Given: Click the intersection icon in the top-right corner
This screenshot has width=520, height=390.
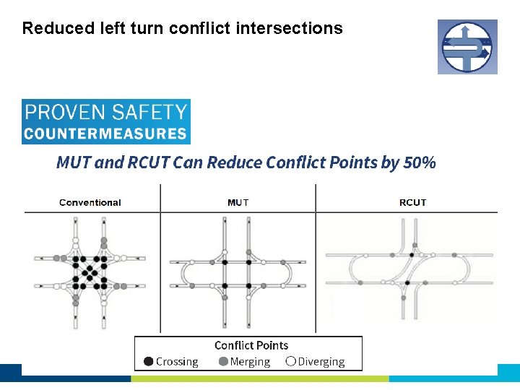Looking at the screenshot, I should [467, 47].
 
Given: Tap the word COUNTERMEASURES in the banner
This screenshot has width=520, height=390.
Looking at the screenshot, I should [105, 134].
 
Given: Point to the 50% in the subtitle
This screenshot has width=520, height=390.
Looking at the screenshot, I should [420, 162].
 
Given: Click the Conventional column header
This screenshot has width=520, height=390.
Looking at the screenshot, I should [90, 202].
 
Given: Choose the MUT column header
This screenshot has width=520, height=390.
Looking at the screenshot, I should [238, 202].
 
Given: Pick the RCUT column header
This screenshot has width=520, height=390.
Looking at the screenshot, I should [412, 202].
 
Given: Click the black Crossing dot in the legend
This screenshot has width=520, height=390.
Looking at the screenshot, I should [148, 361].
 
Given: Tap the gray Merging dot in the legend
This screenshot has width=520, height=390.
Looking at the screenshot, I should [223, 361].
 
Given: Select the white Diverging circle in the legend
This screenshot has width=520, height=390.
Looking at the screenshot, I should [290, 361].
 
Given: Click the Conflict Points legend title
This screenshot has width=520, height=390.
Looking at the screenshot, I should [251, 346].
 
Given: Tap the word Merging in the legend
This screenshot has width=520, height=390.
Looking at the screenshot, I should [250, 362].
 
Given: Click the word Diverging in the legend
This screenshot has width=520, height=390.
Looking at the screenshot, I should [321, 362].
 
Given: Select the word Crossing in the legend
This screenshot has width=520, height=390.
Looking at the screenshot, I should [177, 362].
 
